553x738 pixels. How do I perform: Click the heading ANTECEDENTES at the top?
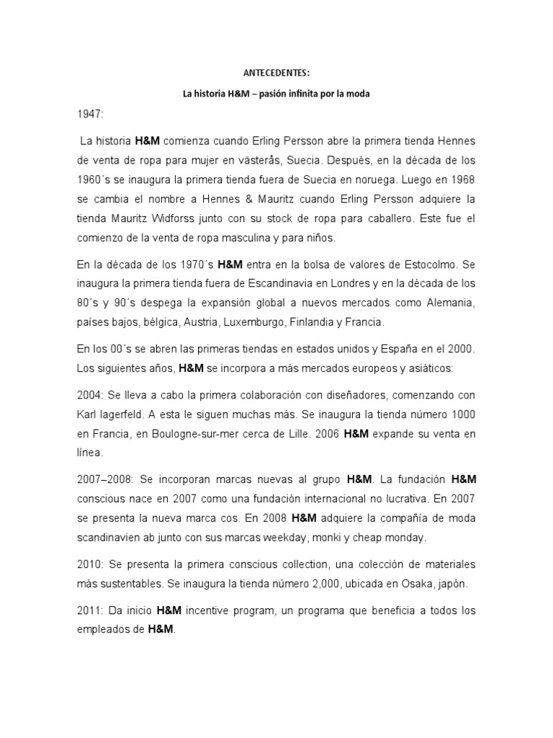pos(276,72)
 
